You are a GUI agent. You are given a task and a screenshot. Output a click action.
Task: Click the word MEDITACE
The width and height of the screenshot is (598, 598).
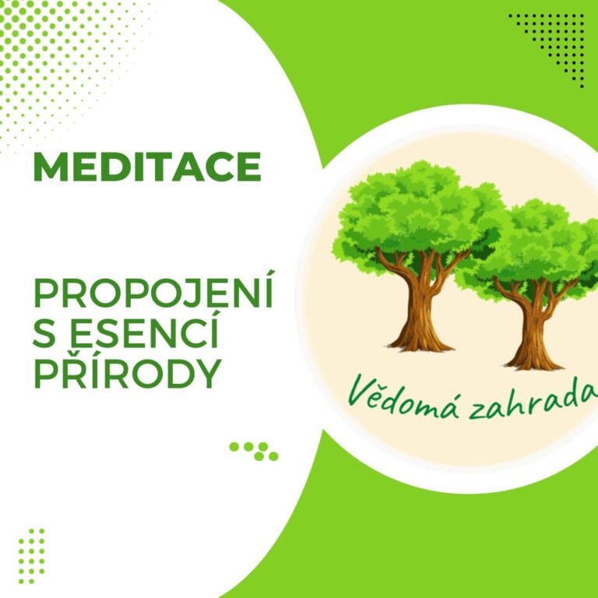[x=147, y=167]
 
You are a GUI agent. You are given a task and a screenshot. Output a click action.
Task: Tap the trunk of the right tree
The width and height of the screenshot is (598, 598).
[x=534, y=328]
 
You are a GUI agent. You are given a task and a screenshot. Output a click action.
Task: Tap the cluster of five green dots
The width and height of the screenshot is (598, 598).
[x=254, y=451]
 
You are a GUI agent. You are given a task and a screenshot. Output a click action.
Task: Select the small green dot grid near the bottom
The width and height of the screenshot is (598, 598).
[x=32, y=556]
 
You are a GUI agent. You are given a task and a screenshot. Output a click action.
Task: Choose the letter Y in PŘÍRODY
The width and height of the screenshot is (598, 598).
[x=207, y=373]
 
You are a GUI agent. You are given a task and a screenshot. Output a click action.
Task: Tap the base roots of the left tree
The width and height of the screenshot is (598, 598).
[x=420, y=344]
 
